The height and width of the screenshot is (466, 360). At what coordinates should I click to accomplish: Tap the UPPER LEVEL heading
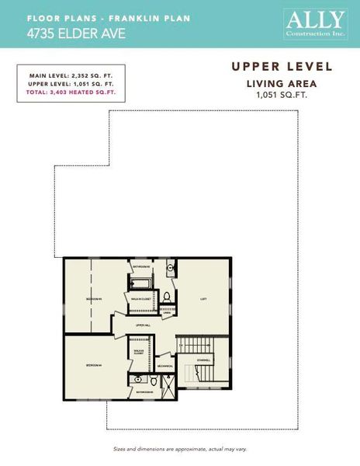pos(283,68)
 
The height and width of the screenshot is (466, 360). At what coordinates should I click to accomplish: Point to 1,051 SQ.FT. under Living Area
pos(282,94)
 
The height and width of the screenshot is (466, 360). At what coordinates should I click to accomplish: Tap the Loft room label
pos(203,298)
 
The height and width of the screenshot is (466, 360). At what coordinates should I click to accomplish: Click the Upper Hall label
pos(143,325)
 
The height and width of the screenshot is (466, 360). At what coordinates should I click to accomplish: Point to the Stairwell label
pos(204,360)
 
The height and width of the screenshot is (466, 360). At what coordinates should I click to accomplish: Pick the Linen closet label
pos(166,313)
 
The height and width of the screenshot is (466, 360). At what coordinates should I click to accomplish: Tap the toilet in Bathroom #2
pos(166,296)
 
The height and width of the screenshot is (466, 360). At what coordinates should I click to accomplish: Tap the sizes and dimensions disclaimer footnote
pos(179,450)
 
